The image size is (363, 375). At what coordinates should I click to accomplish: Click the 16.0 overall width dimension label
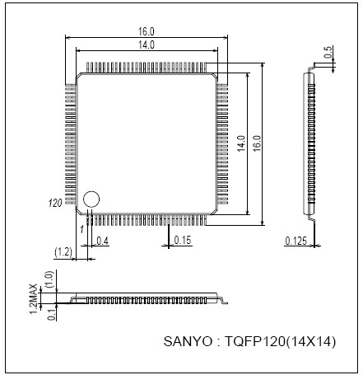pyautogui.click(x=147, y=31)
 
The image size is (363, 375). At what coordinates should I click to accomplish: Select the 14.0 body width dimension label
pyautogui.click(x=147, y=45)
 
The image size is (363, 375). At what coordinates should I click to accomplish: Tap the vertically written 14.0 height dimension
pyautogui.click(x=242, y=143)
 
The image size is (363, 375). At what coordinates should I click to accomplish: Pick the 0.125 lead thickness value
pyautogui.click(x=296, y=241)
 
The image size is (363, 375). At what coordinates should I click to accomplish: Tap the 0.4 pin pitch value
pyautogui.click(x=103, y=240)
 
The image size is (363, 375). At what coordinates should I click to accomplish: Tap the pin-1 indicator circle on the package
pyautogui.click(x=91, y=199)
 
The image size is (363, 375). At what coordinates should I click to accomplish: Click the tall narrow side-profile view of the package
pyautogui.click(x=310, y=143)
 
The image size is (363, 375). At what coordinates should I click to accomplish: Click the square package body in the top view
pyautogui.click(x=147, y=143)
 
